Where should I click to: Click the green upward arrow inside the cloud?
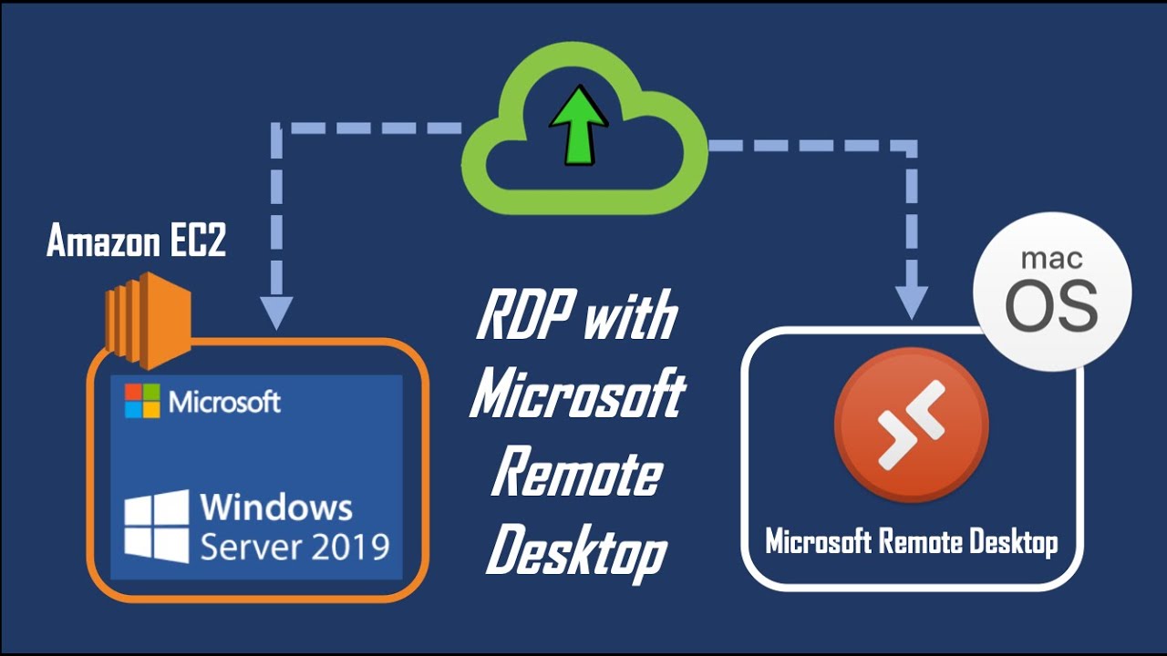[578, 128]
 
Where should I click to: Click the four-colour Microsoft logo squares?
[142, 401]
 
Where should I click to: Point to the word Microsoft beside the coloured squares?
[225, 401]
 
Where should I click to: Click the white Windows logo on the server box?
[157, 526]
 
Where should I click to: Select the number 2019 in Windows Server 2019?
[351, 547]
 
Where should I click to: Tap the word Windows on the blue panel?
[275, 506]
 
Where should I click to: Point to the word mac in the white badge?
[1052, 259]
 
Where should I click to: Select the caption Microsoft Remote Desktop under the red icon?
[911, 542]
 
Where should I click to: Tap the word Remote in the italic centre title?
[576, 474]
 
